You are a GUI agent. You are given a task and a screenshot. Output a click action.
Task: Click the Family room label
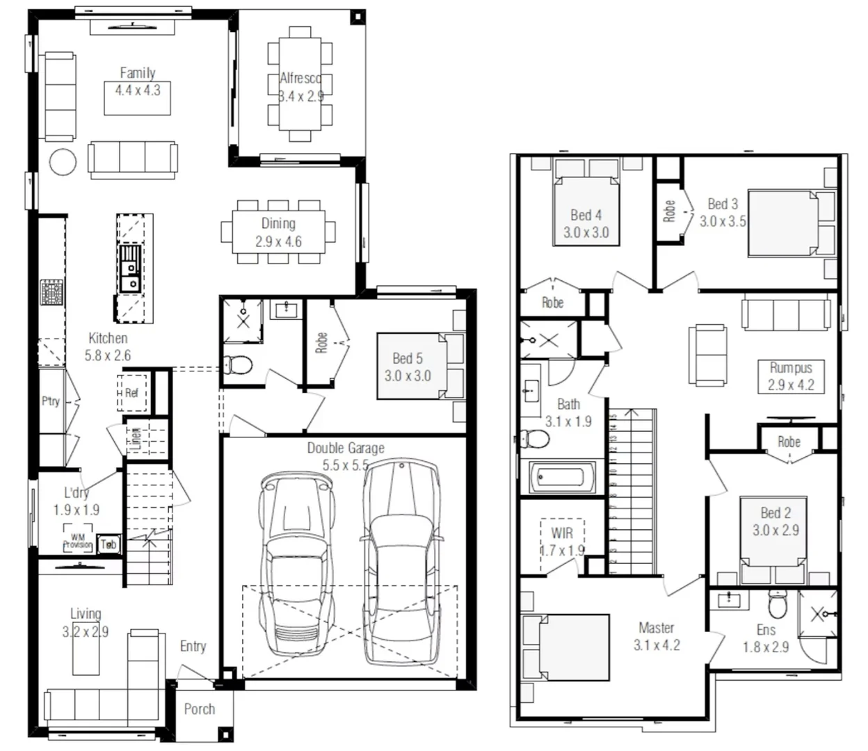click(x=137, y=72)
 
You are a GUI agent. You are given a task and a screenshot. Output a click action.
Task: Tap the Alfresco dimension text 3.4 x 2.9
click(x=300, y=97)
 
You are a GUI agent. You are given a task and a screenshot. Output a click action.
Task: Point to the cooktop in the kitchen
click(x=51, y=293)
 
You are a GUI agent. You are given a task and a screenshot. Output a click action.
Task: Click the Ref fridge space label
click(x=131, y=393)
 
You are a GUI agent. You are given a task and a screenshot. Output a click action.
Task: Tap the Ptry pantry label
click(x=51, y=401)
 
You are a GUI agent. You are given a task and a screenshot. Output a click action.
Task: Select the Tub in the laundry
click(x=108, y=544)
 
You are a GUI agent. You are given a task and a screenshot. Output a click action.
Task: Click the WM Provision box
click(x=77, y=542)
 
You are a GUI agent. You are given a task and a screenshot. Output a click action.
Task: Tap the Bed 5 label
click(x=407, y=358)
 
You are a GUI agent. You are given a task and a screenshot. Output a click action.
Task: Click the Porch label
click(x=200, y=709)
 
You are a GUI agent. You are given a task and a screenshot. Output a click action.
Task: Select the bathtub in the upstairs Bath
click(x=562, y=478)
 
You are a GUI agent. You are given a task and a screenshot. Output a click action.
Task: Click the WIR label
click(x=562, y=533)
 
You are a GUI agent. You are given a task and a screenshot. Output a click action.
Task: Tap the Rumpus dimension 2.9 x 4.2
click(x=791, y=385)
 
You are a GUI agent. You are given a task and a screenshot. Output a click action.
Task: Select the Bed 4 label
click(x=586, y=215)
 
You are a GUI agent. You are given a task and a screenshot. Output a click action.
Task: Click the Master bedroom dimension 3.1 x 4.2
click(x=656, y=645)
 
